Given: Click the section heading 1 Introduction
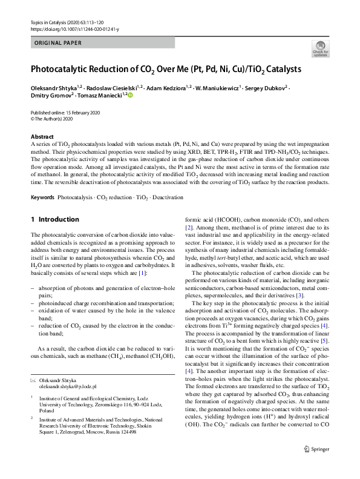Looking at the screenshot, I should (x=54, y=219).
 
